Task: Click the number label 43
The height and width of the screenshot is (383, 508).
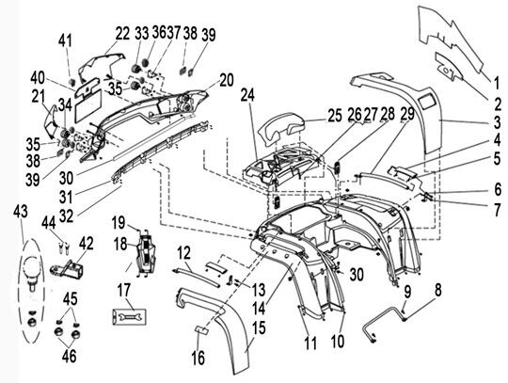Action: [x=21, y=212]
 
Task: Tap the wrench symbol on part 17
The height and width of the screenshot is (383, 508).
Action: [x=129, y=316]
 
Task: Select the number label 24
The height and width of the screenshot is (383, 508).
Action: [x=247, y=95]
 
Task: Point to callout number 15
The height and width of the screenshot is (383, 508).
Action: [x=259, y=327]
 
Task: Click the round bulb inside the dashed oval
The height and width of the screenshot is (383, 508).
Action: [x=32, y=265]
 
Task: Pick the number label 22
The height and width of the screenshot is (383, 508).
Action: [x=122, y=33]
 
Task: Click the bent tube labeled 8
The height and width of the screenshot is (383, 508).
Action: [x=385, y=322]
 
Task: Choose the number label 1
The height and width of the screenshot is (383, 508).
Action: [x=497, y=83]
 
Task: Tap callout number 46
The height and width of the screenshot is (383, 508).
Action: [x=69, y=356]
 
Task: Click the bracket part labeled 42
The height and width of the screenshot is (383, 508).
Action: [x=67, y=267]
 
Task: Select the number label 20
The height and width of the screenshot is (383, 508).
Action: [x=226, y=80]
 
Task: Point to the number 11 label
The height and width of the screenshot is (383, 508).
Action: [x=310, y=343]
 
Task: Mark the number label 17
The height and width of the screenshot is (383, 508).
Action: [x=123, y=291]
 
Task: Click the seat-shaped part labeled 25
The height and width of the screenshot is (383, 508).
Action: [x=281, y=129]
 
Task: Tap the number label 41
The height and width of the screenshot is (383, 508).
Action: [x=65, y=40]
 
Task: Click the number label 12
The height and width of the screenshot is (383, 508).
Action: [x=183, y=253]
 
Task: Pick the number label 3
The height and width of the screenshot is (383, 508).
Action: [x=496, y=122]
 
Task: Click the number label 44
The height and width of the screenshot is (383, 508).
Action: [x=49, y=223]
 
